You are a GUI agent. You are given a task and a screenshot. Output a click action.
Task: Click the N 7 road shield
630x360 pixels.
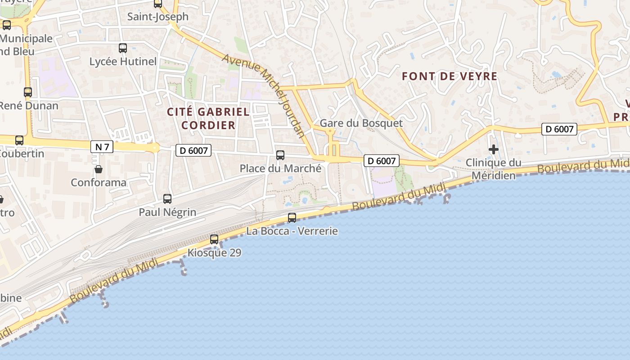tap(102, 147)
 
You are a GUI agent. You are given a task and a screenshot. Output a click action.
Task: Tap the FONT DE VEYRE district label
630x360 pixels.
tap(450, 76)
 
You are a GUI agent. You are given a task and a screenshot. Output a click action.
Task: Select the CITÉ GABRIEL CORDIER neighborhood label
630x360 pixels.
tap(208, 118)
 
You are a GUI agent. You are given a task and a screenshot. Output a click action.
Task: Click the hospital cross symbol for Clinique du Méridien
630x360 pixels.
tap(494, 149)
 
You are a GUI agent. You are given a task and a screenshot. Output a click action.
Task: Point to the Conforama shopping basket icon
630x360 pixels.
tap(99, 169)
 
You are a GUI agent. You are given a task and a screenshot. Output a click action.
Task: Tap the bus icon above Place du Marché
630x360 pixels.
tap(280, 155)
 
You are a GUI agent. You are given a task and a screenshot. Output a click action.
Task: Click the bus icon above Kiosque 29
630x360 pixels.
tap(214, 239)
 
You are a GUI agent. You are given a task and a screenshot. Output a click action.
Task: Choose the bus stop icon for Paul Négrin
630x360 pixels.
tap(167, 198)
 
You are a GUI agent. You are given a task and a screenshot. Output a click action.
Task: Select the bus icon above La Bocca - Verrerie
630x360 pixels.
tap(292, 218)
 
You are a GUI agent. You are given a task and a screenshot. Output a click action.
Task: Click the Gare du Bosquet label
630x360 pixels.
tap(361, 123)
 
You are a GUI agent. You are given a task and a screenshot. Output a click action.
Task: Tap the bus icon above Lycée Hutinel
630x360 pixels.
tap(123, 48)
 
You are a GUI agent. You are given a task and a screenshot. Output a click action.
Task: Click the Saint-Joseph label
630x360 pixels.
tap(158, 17)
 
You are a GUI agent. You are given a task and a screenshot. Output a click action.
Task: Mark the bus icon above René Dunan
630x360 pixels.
tap(28, 92)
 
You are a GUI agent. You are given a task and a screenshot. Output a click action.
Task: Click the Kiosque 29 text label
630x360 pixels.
tap(214, 253)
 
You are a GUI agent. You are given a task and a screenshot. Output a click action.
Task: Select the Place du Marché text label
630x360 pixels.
tap(280, 169)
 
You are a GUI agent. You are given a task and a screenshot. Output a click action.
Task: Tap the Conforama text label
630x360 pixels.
tap(99, 183)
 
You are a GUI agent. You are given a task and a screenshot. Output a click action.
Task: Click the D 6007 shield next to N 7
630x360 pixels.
tap(193, 150)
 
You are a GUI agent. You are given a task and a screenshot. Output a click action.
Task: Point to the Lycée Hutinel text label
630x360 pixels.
tap(123, 62)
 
